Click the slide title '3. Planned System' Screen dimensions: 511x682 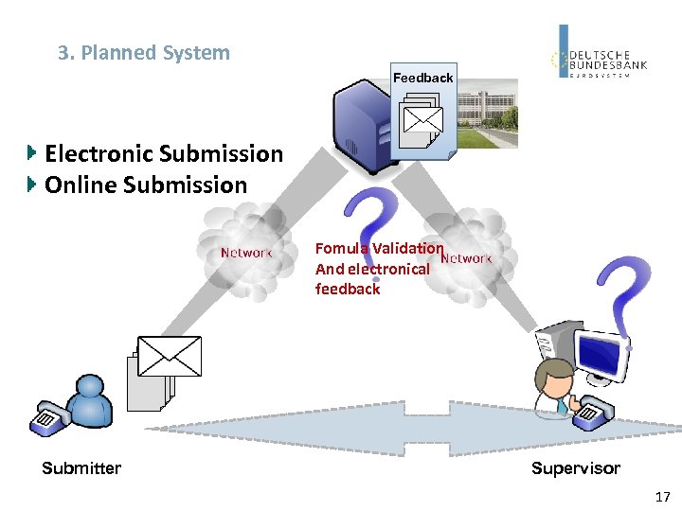[144, 53]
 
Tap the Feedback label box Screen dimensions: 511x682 [423, 78]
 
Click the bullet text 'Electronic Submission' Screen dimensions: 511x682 [164, 153]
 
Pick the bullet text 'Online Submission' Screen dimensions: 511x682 [146, 185]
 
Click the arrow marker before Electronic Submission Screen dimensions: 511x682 [33, 152]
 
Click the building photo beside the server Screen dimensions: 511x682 [488, 114]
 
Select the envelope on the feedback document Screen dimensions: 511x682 [422, 120]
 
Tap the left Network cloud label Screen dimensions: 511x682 [246, 253]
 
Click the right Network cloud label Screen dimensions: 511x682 [467, 258]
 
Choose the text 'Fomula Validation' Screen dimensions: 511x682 [379, 248]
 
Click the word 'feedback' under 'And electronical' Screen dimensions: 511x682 [347, 290]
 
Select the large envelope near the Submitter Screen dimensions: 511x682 [170, 356]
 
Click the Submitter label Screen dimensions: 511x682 [81, 468]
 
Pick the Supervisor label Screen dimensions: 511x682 [575, 468]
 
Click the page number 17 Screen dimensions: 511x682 [662, 497]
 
